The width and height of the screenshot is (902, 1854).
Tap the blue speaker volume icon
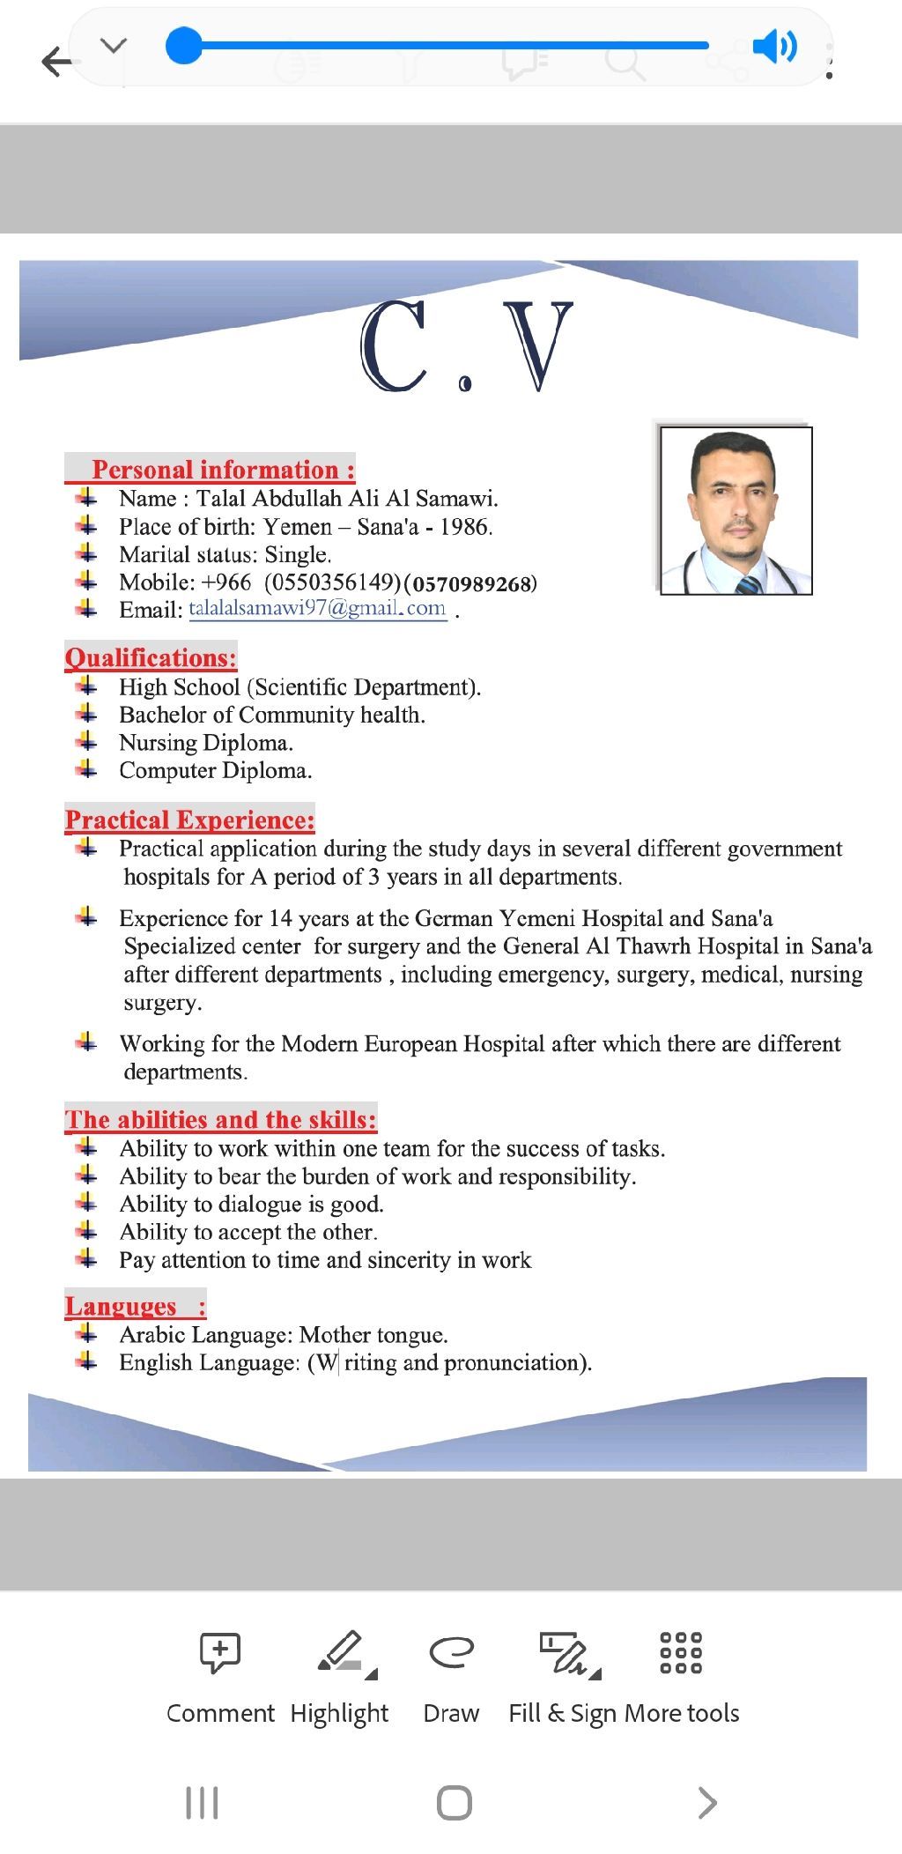(774, 46)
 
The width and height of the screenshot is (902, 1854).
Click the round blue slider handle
(184, 46)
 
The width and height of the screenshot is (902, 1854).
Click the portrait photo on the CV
(736, 510)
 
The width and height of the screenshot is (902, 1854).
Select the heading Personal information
(223, 470)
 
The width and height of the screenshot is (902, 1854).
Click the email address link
(317, 609)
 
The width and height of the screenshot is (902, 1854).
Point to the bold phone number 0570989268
(473, 583)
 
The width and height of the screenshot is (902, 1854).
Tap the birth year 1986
(465, 527)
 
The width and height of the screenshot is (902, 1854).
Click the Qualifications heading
(151, 658)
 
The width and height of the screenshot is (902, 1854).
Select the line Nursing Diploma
(206, 743)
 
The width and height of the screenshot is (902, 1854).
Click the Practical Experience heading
(189, 820)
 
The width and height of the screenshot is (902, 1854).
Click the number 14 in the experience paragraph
(280, 919)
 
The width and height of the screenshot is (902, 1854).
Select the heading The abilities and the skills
(220, 1120)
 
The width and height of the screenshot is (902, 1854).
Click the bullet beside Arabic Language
(86, 1334)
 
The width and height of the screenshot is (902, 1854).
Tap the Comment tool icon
(220, 1652)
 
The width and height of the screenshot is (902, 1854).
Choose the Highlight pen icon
(341, 1652)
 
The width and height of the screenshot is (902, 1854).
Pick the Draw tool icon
(451, 1652)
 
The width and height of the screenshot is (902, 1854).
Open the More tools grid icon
(681, 1652)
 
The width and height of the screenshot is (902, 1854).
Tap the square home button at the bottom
(454, 1803)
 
